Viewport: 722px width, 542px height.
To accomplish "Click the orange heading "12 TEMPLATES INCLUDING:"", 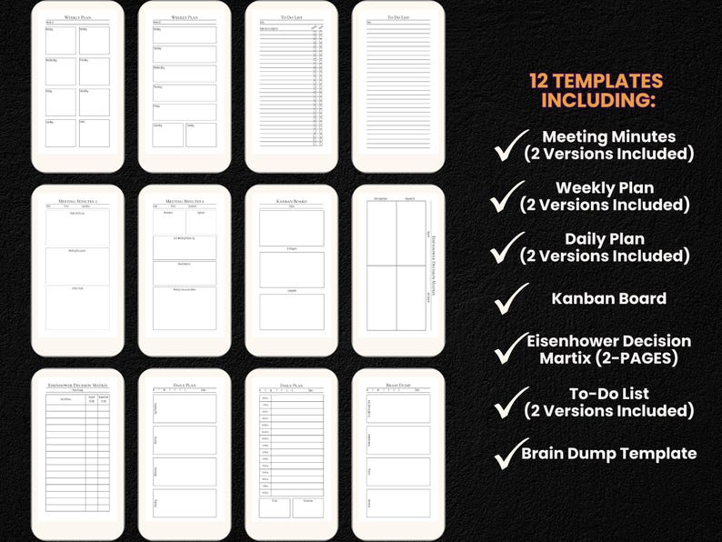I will coord(596,90).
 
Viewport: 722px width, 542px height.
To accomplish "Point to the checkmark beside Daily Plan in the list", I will coord(507,246).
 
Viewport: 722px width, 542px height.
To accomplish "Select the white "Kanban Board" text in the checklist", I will coord(608,298).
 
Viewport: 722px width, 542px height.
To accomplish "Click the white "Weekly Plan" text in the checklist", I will coord(605,187).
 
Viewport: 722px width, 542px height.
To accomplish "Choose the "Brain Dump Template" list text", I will coord(608,453).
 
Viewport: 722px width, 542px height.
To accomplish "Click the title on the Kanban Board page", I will coord(291,200).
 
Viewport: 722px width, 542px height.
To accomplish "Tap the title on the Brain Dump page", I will coord(397,386).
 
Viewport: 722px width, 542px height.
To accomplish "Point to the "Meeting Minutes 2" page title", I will coord(77,200).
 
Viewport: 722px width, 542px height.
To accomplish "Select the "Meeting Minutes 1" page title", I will coord(184,200).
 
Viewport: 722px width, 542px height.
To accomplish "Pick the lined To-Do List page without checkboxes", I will coord(397,86).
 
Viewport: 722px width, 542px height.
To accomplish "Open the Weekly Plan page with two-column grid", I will coord(77,86).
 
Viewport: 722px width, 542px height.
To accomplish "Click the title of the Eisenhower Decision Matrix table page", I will coord(77,386).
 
